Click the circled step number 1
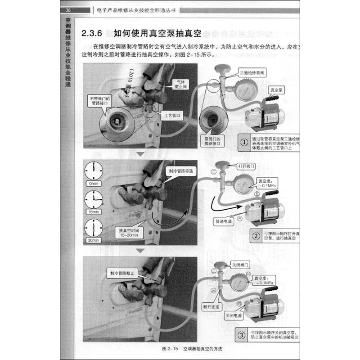pyautogui.click(x=243, y=142)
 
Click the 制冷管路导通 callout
pyautogui.click(x=181, y=172)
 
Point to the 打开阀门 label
pyautogui.click(x=246, y=166)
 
